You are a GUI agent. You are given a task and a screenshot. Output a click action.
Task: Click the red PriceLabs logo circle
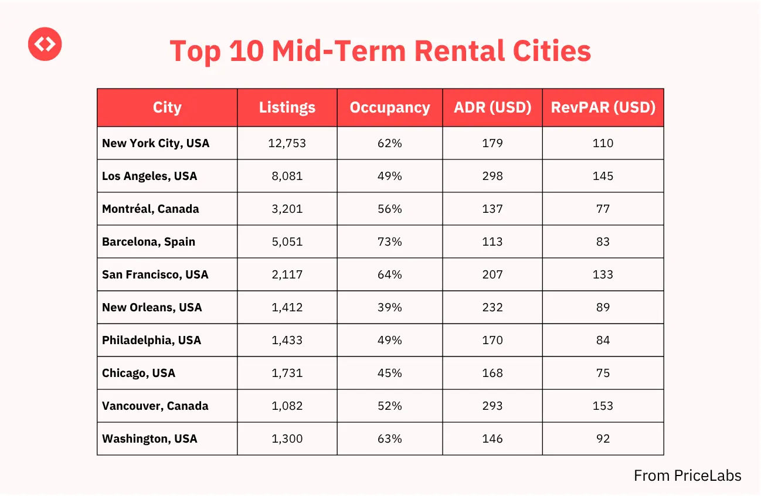click(45, 43)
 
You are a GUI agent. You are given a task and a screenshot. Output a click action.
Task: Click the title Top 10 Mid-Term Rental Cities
click(380, 51)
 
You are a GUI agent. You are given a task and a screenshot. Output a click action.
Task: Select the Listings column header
click(287, 108)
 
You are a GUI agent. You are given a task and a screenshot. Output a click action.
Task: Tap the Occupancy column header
click(390, 108)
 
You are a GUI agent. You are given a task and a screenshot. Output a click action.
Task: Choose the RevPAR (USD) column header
click(603, 108)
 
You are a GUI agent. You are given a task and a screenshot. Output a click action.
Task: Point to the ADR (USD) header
click(492, 108)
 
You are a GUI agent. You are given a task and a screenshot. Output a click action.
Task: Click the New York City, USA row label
click(155, 143)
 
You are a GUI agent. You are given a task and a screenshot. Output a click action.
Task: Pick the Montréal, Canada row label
click(150, 209)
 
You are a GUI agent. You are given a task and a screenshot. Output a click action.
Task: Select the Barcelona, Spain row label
click(148, 242)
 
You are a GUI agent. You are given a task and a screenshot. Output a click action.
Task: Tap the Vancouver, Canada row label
click(155, 406)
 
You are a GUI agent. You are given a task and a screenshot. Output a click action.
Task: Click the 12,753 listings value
click(287, 143)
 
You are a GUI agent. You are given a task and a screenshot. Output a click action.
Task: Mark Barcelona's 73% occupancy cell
click(390, 242)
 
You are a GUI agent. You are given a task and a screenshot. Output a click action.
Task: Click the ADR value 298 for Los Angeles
click(492, 176)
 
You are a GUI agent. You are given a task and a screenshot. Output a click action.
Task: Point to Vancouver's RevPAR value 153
click(603, 406)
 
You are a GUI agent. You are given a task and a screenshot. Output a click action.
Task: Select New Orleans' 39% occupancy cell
click(390, 307)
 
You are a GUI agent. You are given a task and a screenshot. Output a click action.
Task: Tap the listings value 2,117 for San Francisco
click(287, 274)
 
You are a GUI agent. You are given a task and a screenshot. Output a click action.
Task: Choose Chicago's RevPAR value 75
click(603, 373)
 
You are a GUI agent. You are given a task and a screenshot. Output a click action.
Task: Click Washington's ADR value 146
click(492, 439)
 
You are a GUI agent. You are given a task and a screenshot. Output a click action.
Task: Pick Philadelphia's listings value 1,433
click(287, 340)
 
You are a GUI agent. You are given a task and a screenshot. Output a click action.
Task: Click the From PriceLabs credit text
click(687, 475)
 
